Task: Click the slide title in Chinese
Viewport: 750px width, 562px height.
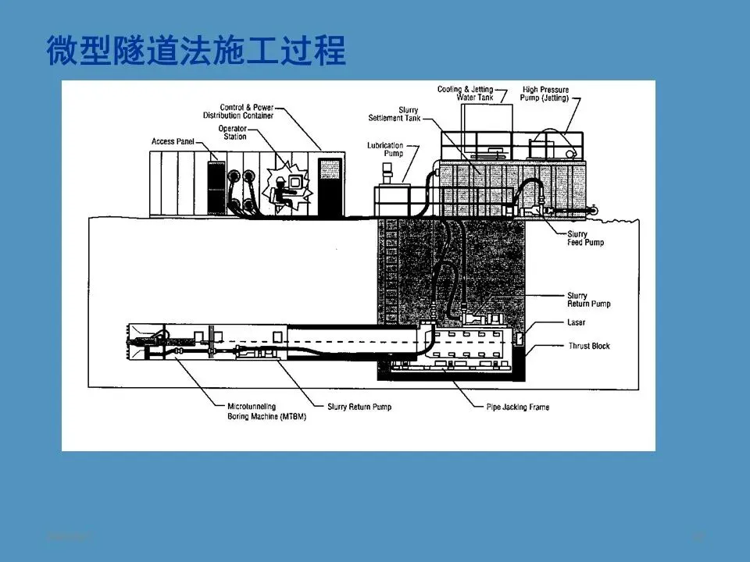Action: click(x=195, y=52)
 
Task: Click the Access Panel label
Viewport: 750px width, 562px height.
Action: click(x=171, y=142)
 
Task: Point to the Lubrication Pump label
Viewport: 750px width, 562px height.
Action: click(x=386, y=149)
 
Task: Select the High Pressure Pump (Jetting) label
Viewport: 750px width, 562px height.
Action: click(x=545, y=94)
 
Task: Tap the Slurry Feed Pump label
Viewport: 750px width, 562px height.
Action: click(x=585, y=238)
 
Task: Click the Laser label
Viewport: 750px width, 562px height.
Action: click(x=577, y=322)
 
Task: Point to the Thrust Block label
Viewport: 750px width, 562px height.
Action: click(x=589, y=346)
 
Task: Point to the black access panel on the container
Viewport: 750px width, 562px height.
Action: click(x=216, y=184)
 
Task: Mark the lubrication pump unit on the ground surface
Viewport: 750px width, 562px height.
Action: click(x=389, y=197)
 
